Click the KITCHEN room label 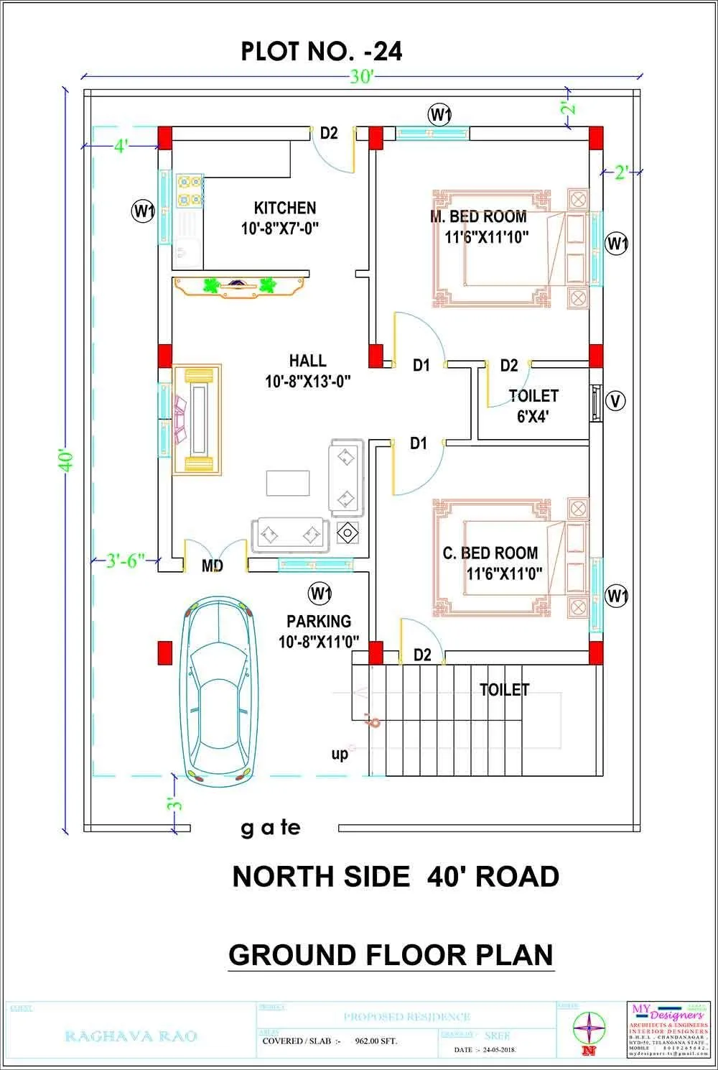[x=285, y=208]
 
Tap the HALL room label [x=307, y=361]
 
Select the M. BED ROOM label [x=479, y=217]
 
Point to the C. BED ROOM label [x=490, y=553]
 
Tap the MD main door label [x=213, y=566]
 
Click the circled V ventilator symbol [x=615, y=401]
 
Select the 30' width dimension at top [x=362, y=76]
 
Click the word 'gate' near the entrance [x=270, y=829]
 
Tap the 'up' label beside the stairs [x=340, y=753]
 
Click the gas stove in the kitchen [x=189, y=190]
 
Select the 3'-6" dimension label [x=126, y=561]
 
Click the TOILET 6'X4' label [x=533, y=406]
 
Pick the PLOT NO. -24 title [x=321, y=51]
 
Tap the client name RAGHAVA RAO [x=131, y=1036]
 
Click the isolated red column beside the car [x=166, y=652]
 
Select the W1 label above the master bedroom [x=439, y=114]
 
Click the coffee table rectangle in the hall [x=288, y=483]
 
